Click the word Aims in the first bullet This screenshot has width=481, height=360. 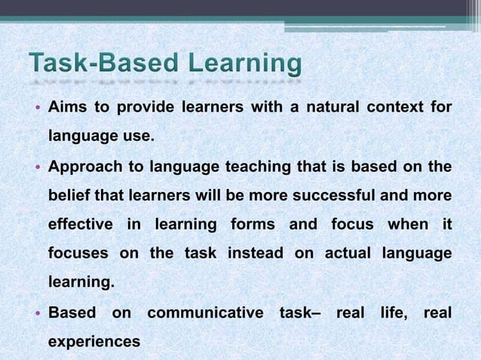(66, 108)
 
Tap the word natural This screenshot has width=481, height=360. (321, 108)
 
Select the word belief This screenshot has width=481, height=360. (70, 196)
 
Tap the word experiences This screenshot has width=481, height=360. (94, 340)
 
